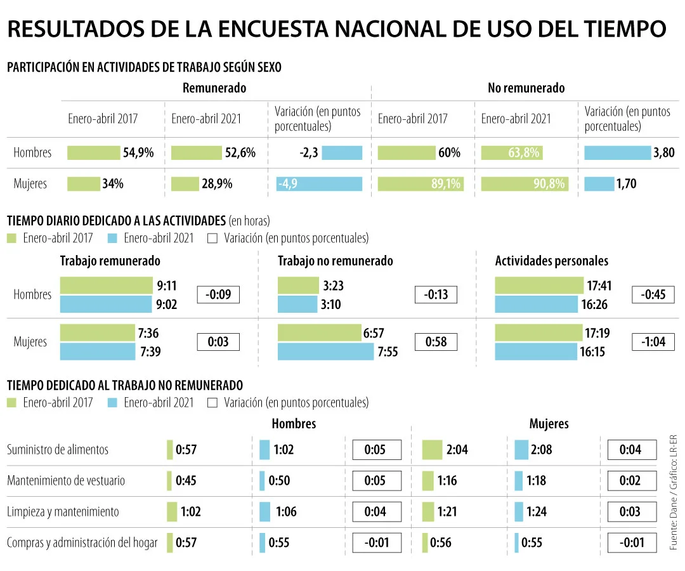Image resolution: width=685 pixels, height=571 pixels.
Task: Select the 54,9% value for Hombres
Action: (x=138, y=153)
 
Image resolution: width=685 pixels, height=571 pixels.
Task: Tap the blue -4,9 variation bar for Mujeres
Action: (x=320, y=184)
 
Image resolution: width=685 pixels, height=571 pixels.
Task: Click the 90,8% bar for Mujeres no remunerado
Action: (x=525, y=184)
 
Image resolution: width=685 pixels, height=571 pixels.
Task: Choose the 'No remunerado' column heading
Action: (x=526, y=88)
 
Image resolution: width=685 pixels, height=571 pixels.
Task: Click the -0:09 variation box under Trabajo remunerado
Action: (x=218, y=294)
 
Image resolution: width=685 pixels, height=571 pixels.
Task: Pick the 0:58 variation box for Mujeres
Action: (x=436, y=342)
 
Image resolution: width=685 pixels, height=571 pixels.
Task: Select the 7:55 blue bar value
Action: (x=388, y=351)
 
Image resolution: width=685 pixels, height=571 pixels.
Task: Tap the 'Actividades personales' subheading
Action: (x=551, y=261)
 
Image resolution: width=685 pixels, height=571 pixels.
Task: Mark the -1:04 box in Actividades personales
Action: (x=653, y=342)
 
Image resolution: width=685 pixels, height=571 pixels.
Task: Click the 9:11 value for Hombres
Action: (x=167, y=285)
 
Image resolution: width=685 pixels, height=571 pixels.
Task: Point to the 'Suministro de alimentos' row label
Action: (x=58, y=450)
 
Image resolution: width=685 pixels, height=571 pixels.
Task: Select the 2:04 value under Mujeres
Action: (x=457, y=450)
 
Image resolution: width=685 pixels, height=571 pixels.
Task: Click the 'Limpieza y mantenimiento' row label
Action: (x=63, y=511)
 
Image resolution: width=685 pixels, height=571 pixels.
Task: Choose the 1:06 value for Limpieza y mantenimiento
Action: (x=286, y=511)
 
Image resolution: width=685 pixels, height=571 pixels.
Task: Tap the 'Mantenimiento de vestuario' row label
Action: (x=66, y=480)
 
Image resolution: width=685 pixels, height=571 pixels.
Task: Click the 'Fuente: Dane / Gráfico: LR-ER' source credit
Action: (x=674, y=492)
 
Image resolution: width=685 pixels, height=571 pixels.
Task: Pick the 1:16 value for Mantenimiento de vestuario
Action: (x=447, y=480)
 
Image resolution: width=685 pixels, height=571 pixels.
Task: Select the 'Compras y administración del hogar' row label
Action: (x=82, y=542)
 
